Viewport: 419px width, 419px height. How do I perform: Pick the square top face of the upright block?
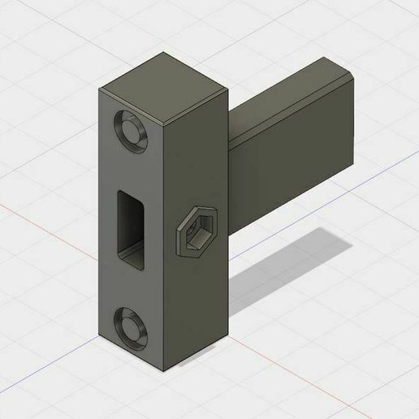pos(162,78)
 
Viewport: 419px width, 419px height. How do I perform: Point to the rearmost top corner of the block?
pos(166,54)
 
